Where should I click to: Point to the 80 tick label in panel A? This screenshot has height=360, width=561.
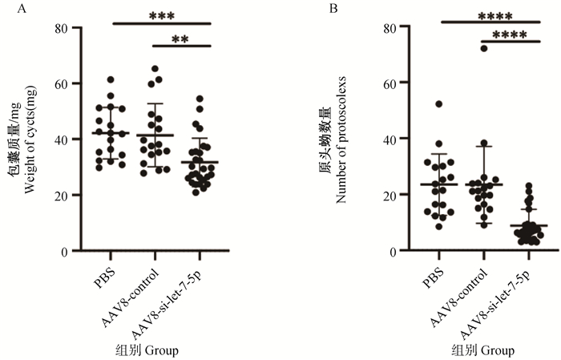point(60,28)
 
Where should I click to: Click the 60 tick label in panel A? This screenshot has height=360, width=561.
point(60,83)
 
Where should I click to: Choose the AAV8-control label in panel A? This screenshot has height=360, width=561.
point(128,298)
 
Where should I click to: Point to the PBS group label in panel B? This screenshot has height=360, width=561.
point(433,277)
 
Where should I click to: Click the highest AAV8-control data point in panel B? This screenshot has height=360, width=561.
point(484,48)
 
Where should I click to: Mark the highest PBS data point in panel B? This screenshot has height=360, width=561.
point(439,104)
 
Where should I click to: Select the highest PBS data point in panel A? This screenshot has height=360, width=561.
point(111,79)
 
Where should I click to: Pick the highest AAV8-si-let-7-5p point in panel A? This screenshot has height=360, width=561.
point(200,99)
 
